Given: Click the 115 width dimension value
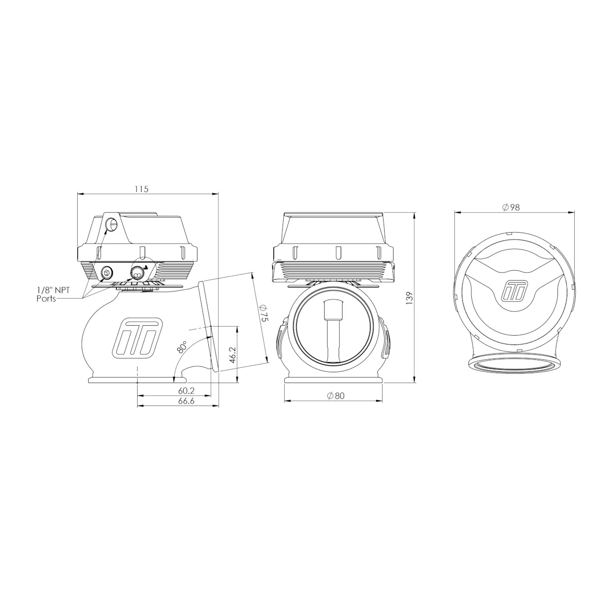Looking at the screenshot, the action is tap(142, 189).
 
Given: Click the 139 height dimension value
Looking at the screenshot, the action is tap(409, 298).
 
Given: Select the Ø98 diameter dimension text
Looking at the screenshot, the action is tap(511, 207).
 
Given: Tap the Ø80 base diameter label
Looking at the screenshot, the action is tap(336, 396).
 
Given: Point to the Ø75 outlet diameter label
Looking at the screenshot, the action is tap(265, 312).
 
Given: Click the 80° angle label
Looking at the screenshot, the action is tap(182, 347).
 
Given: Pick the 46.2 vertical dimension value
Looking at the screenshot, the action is tap(233, 355).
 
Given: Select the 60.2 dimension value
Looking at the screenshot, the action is tap(186, 391).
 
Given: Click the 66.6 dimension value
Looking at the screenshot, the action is tap(186, 401).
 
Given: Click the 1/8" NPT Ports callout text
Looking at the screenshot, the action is tap(53, 294).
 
